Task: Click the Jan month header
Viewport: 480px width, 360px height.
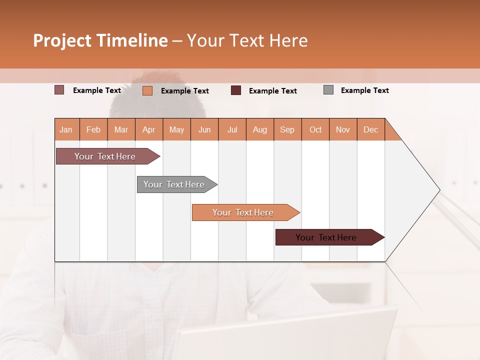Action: pyautogui.click(x=66, y=129)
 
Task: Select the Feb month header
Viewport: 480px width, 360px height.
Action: pyautogui.click(x=93, y=129)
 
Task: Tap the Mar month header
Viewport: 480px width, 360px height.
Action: pyautogui.click(x=121, y=129)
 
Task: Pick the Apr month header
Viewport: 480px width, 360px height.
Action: pyautogui.click(x=149, y=129)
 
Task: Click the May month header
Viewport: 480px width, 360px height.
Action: pyautogui.click(x=176, y=129)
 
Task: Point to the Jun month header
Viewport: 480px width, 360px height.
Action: pyautogui.click(x=204, y=129)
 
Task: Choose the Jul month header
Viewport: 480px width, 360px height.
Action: pyautogui.click(x=232, y=129)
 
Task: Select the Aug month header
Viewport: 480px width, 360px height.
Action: pyautogui.click(x=260, y=129)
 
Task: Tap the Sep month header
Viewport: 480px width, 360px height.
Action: pyautogui.click(x=287, y=129)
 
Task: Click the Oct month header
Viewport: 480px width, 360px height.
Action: pyautogui.click(x=315, y=129)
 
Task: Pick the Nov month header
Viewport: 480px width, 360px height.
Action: pyautogui.click(x=343, y=129)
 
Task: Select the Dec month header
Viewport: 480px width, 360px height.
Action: pyautogui.click(x=371, y=129)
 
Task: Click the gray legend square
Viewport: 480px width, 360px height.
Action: pyautogui.click(x=328, y=90)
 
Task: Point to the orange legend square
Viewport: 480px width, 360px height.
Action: pyautogui.click(x=147, y=90)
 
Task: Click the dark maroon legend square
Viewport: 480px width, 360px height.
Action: pyautogui.click(x=236, y=90)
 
